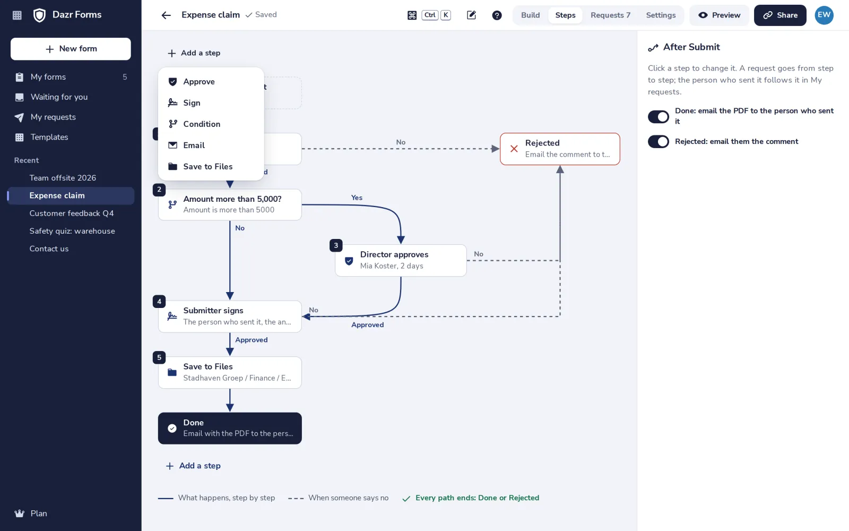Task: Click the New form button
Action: (71, 49)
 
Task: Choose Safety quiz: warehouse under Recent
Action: (72, 231)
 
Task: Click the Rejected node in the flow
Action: (560, 149)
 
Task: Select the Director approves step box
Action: (401, 260)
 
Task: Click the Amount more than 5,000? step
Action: (230, 204)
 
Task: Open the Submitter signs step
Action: (230, 316)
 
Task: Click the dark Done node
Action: (230, 428)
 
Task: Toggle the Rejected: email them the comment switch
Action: (659, 141)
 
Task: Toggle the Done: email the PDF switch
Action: (659, 116)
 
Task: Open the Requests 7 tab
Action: (610, 15)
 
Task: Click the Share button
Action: (780, 15)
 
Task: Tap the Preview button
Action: (719, 15)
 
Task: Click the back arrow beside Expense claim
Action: (166, 15)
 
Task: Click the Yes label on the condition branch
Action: (357, 198)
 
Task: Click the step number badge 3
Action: (336, 245)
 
